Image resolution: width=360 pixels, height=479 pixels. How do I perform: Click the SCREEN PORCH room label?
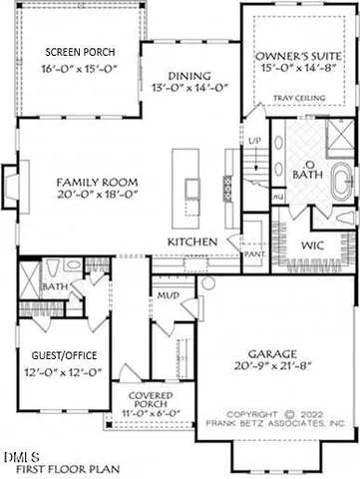pyautogui.click(x=80, y=51)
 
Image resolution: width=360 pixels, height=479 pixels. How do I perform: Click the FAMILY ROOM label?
pyautogui.click(x=96, y=182)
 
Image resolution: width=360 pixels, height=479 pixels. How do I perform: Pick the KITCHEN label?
pyautogui.click(x=193, y=242)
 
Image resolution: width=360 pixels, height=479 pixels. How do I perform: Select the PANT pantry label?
pyautogui.click(x=253, y=253)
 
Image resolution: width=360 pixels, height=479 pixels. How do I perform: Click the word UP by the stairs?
pyautogui.click(x=254, y=142)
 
